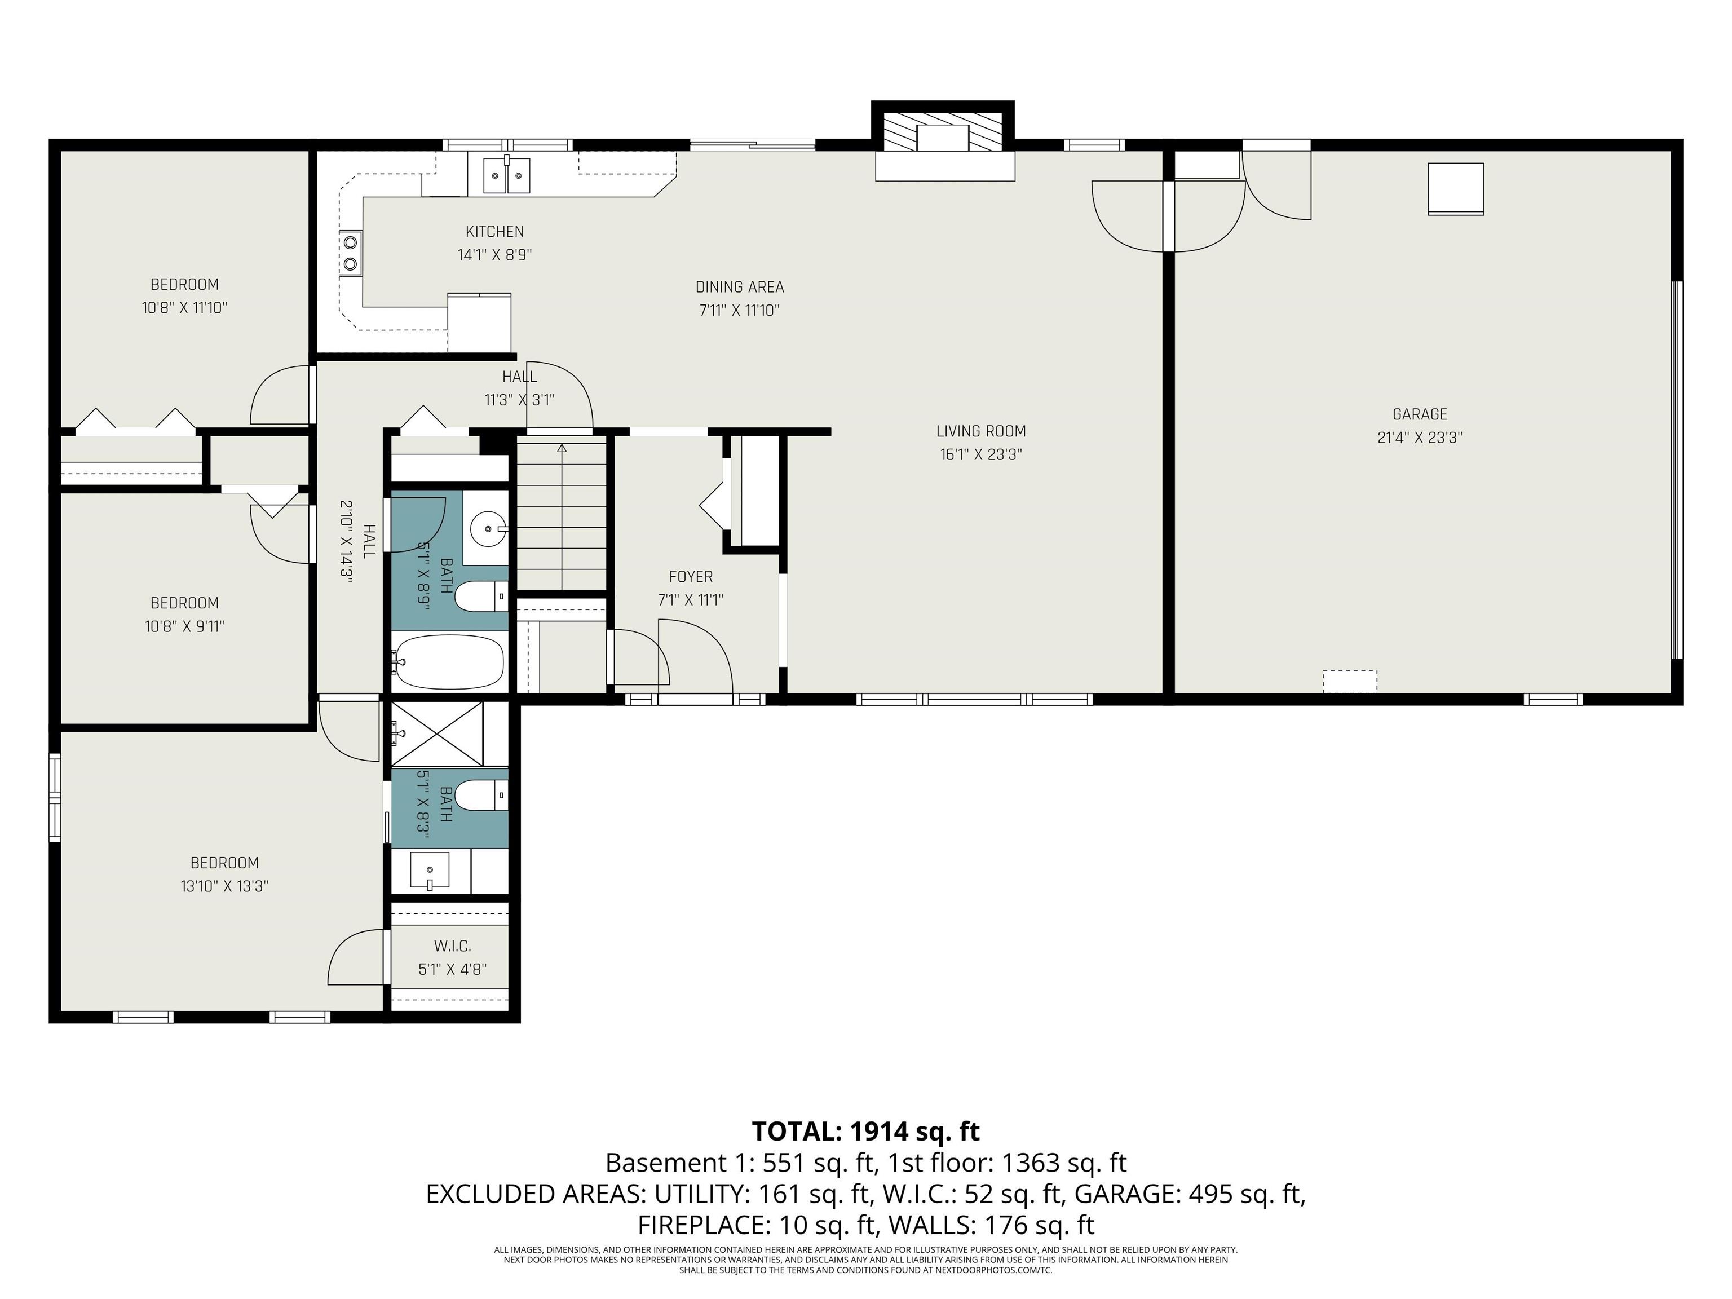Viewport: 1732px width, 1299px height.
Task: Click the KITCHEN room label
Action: pyautogui.click(x=495, y=232)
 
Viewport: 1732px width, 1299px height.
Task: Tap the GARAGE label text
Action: pyautogui.click(x=1420, y=415)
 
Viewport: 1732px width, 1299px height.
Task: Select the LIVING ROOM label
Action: pyautogui.click(x=981, y=431)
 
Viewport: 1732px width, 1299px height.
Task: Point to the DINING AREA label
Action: pyautogui.click(x=740, y=288)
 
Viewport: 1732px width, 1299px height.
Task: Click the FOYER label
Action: pyautogui.click(x=691, y=577)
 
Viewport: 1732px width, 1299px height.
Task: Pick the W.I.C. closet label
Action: pyautogui.click(x=453, y=946)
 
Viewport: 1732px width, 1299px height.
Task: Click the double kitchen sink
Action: pyautogui.click(x=507, y=175)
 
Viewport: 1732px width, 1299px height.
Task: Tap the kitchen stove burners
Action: pyautogui.click(x=351, y=254)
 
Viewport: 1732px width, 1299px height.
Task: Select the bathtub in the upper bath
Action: pyautogui.click(x=449, y=662)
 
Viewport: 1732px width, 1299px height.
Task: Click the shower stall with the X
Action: pyautogui.click(x=437, y=734)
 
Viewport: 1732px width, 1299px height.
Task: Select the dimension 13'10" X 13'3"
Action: pyautogui.click(x=225, y=886)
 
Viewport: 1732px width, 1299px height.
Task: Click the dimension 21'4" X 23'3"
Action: pyautogui.click(x=1420, y=438)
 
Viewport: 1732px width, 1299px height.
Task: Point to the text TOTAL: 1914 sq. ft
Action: pyautogui.click(x=865, y=1132)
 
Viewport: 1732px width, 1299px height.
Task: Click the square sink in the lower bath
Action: pyautogui.click(x=430, y=870)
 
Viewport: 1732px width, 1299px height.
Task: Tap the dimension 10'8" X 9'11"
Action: pyautogui.click(x=185, y=626)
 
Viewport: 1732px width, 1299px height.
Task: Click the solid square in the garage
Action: pyautogui.click(x=1456, y=189)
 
